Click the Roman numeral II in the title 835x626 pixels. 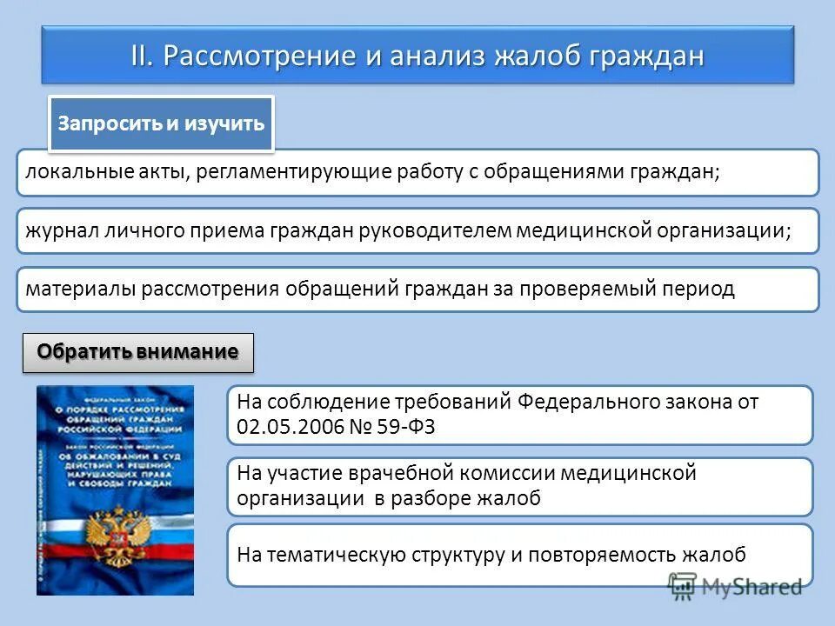point(142,56)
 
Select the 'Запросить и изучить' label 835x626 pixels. point(161,123)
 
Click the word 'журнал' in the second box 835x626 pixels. point(60,230)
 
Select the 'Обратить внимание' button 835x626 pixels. point(137,352)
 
